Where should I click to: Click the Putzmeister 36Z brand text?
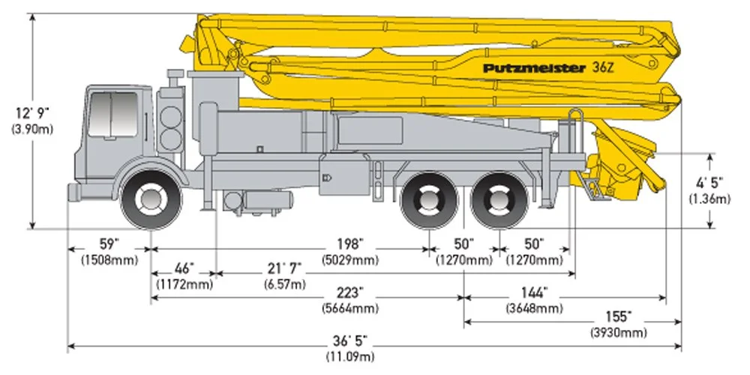tap(533, 67)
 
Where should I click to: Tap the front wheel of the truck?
tap(152, 199)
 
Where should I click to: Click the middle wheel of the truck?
tap(428, 200)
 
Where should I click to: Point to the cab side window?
tap(112, 113)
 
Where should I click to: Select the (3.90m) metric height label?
tap(32, 130)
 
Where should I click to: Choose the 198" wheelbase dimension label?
tap(351, 244)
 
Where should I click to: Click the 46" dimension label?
tap(184, 268)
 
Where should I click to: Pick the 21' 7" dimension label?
tap(284, 268)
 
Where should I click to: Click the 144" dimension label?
tap(535, 292)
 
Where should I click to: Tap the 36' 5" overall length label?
tap(351, 340)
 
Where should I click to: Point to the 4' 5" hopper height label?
tap(709, 183)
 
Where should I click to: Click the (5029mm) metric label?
tap(351, 260)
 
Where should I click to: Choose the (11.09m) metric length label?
tap(351, 355)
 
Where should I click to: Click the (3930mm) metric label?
tap(619, 332)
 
